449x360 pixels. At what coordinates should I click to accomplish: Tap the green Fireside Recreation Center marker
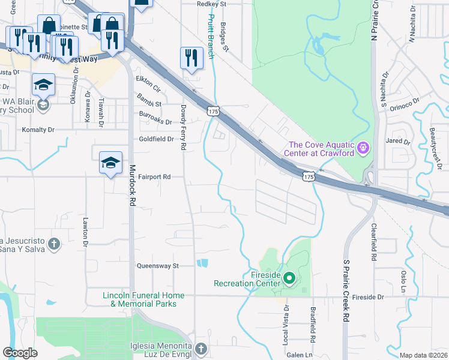point(289,278)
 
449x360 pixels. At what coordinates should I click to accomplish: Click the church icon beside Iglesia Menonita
point(201,349)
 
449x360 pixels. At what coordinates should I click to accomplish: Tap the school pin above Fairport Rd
point(110,163)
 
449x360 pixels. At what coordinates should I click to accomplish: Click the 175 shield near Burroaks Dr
point(212,111)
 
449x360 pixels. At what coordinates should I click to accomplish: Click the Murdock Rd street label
point(133,185)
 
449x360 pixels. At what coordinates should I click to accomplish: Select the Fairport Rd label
point(155,177)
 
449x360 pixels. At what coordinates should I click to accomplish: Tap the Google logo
point(20,353)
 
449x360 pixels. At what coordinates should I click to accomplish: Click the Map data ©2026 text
point(423,355)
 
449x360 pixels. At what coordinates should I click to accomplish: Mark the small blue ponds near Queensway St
point(202,263)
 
